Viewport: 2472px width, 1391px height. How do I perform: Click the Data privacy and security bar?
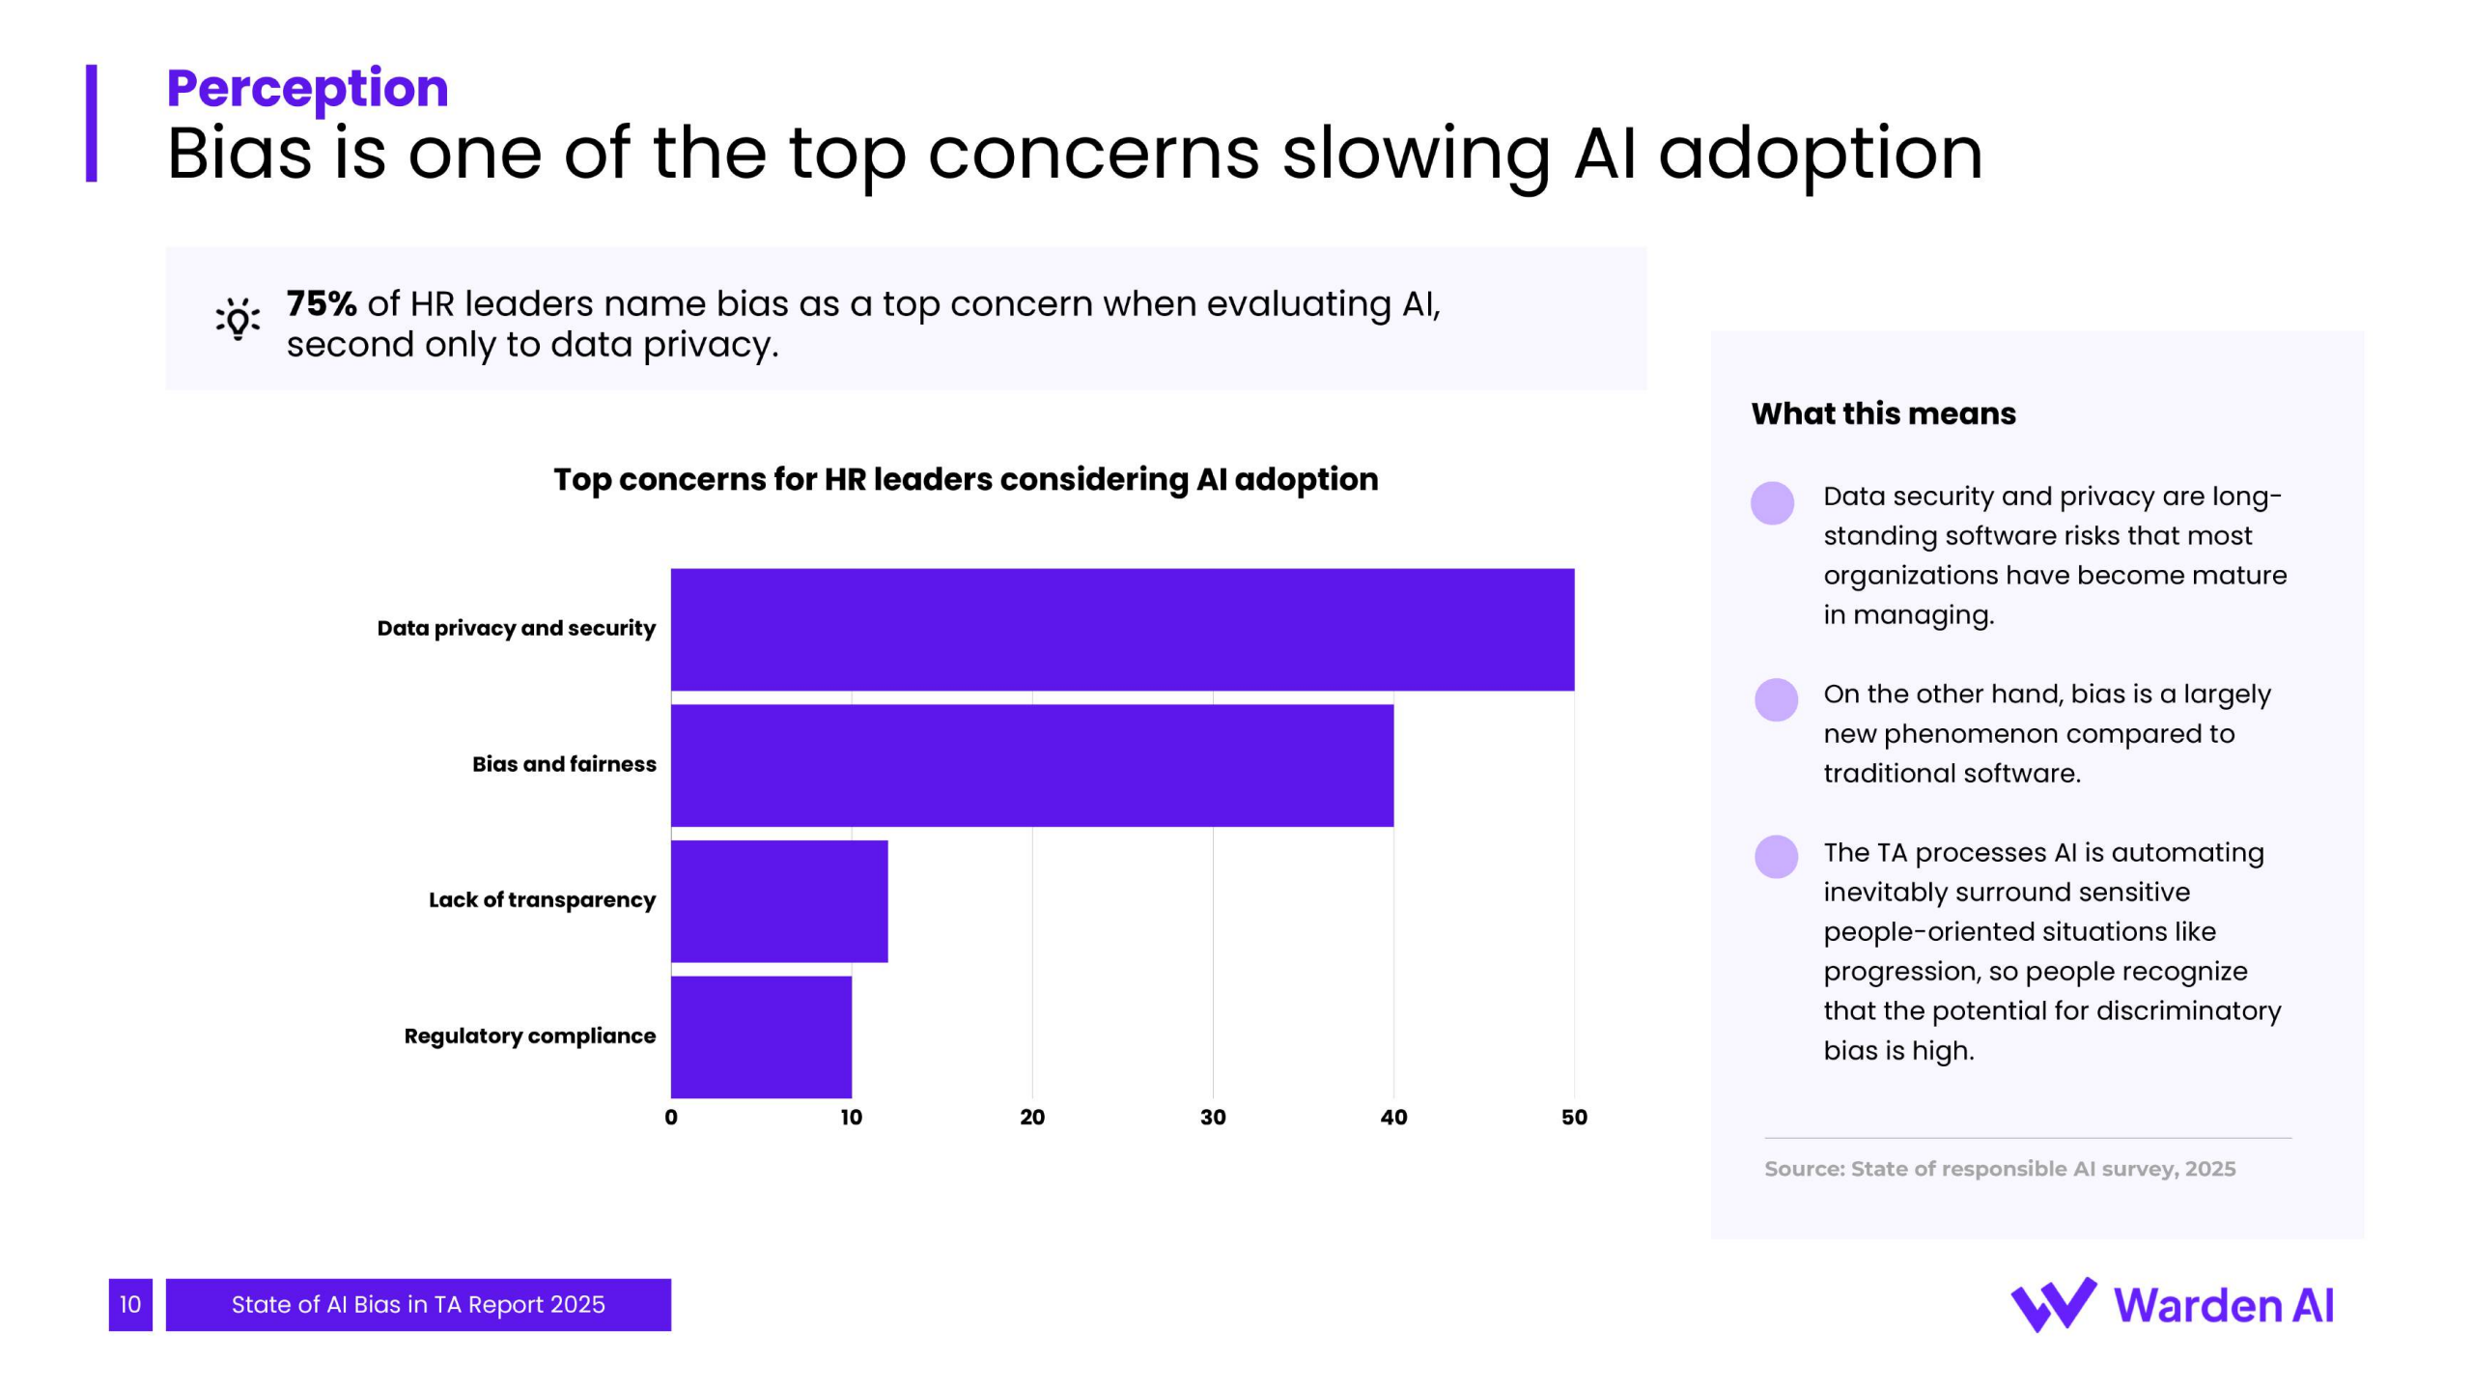click(x=1122, y=629)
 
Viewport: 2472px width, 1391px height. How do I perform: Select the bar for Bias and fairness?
click(x=1031, y=765)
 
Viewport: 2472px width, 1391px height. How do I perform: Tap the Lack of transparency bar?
click(x=779, y=901)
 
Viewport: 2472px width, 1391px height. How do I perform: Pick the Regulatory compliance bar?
click(x=761, y=1036)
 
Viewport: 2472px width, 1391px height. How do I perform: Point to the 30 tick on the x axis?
click(x=1213, y=1118)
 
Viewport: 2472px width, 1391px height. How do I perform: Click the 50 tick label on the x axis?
click(x=1574, y=1118)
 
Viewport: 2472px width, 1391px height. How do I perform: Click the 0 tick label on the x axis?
click(x=671, y=1118)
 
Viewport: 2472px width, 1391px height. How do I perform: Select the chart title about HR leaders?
click(x=966, y=479)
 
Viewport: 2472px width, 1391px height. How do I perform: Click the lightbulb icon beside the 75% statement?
click(x=238, y=319)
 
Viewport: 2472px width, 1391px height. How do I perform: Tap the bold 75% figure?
click(x=322, y=303)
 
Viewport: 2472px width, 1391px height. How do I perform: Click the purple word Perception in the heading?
click(x=307, y=88)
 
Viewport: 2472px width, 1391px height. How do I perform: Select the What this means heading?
click(x=1883, y=413)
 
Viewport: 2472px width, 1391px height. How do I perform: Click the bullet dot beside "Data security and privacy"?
click(x=1772, y=503)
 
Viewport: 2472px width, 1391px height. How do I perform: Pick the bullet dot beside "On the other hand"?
click(x=1776, y=699)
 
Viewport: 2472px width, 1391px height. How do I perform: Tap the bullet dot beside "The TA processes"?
click(x=1776, y=857)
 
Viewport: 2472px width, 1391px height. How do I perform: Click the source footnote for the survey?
click(x=2000, y=1169)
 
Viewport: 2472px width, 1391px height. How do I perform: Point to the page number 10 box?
click(x=130, y=1305)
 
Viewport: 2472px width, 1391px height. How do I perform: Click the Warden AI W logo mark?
click(x=2053, y=1305)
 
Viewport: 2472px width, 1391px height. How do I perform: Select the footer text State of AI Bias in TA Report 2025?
click(x=418, y=1305)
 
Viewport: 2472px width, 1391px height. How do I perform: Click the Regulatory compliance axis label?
click(x=529, y=1036)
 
